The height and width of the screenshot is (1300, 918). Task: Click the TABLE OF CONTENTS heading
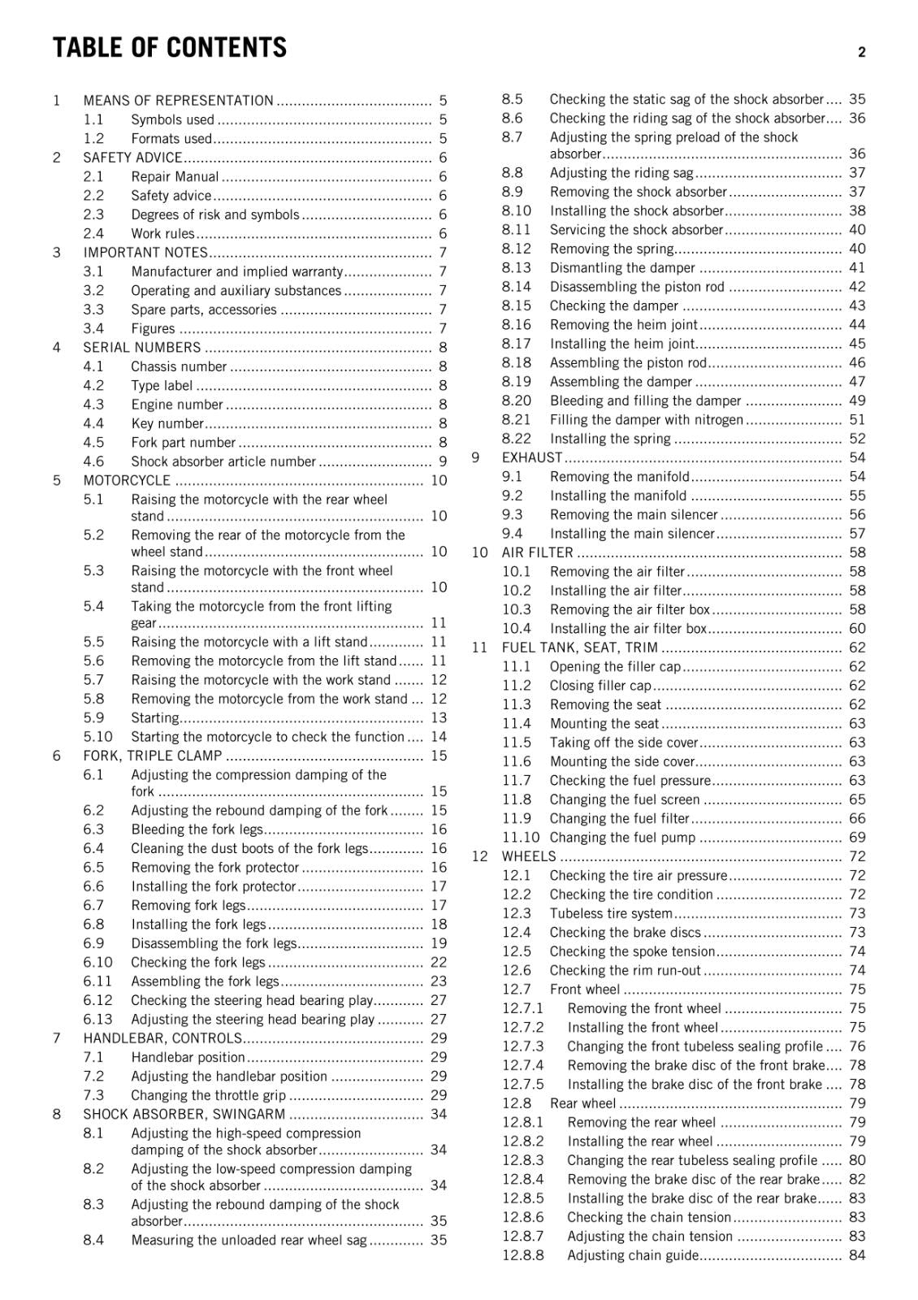[170, 48]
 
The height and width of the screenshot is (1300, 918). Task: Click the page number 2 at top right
[861, 52]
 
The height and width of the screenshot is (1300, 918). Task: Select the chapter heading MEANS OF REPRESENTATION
[178, 101]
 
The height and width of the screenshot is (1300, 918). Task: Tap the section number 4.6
[93, 461]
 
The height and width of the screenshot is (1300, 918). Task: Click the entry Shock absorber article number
[223, 461]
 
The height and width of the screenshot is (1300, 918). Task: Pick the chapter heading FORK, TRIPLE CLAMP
[153, 756]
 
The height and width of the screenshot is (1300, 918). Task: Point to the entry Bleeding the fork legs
[197, 830]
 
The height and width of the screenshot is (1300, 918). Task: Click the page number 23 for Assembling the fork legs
[439, 981]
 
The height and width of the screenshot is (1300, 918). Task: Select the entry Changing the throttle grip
[209, 1095]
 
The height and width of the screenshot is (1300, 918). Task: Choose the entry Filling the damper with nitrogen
[647, 420]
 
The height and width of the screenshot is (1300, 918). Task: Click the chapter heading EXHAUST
[532, 457]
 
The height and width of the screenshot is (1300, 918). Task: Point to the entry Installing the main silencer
[632, 534]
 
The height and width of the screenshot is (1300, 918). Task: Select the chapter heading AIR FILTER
[537, 552]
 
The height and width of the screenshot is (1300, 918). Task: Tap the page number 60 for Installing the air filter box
[857, 628]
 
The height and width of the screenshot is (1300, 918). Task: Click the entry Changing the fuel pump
[623, 838]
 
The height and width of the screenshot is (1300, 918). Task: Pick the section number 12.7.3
[523, 1046]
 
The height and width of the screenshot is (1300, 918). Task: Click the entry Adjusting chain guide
[633, 1255]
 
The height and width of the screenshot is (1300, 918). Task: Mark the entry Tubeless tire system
[611, 913]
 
